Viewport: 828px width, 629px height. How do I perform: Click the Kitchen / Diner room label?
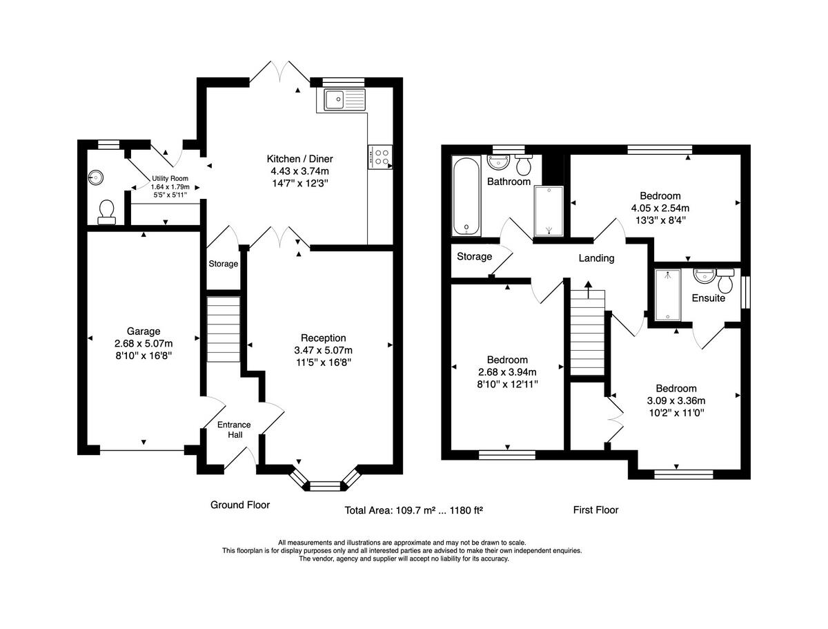coord(299,159)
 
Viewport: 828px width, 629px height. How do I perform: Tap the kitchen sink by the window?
coord(344,99)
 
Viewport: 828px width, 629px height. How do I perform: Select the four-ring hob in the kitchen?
coord(380,157)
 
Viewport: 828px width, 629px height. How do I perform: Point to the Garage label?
coord(144,331)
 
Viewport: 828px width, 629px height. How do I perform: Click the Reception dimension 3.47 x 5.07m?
coord(324,350)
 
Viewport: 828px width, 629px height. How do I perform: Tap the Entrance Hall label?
coord(234,429)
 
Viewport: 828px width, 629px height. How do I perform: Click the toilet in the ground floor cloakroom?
coord(107,213)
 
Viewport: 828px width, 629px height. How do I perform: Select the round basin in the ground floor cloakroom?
coord(95,177)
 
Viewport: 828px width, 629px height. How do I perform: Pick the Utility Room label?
coord(170,178)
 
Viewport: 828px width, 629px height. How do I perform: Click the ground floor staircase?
coord(224,329)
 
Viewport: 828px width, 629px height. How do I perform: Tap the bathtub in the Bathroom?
coord(466,196)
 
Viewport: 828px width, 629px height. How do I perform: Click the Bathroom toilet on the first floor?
coord(524,164)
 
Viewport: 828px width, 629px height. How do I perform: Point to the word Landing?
coord(596,258)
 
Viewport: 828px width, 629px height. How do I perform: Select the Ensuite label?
coord(708,298)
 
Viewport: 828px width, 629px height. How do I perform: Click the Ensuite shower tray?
coord(668,295)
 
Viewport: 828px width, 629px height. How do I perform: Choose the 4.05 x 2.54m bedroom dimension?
coord(660,208)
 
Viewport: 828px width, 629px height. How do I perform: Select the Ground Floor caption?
coord(240,505)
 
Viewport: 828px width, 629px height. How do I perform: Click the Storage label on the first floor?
coord(474,257)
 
